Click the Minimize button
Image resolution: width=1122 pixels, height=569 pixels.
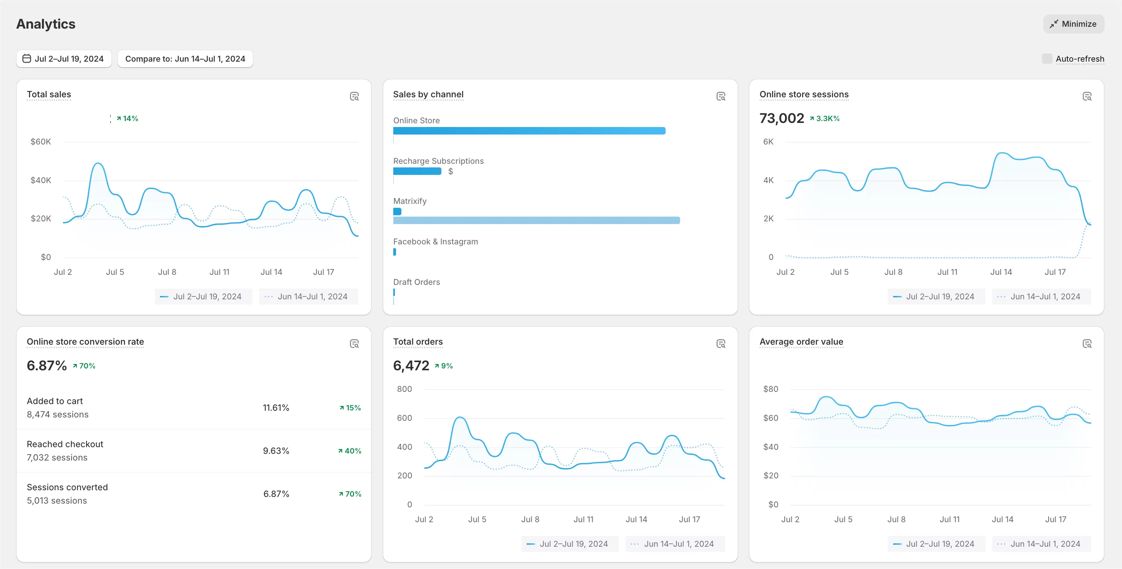click(1073, 24)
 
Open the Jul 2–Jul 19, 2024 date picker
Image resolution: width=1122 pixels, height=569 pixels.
click(63, 59)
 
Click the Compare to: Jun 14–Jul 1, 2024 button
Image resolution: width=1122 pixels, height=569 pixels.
click(185, 59)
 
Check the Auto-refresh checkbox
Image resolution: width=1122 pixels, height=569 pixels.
click(1047, 59)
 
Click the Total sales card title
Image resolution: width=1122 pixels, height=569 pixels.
click(49, 94)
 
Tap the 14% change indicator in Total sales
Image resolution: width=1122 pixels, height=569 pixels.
click(127, 118)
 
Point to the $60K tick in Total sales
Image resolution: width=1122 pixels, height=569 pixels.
click(40, 142)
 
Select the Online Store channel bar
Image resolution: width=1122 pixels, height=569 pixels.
click(529, 131)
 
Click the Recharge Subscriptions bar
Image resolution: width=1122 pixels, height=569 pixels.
click(417, 171)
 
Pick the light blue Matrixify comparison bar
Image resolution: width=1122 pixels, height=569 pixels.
click(537, 220)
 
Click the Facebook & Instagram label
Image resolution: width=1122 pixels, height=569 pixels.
click(436, 241)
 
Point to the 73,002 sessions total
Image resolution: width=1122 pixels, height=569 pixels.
click(782, 118)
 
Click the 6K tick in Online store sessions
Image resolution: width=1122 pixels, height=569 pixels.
click(768, 142)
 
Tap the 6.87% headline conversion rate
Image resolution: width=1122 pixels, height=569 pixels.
click(47, 365)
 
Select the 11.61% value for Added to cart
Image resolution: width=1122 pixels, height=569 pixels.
click(276, 408)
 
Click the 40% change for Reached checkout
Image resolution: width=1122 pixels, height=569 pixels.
click(350, 451)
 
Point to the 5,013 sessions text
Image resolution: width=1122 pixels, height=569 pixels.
click(57, 501)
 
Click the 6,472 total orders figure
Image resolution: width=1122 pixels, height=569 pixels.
click(411, 365)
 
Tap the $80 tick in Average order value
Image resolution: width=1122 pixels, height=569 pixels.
click(771, 389)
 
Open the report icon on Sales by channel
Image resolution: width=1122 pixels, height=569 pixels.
click(721, 96)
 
